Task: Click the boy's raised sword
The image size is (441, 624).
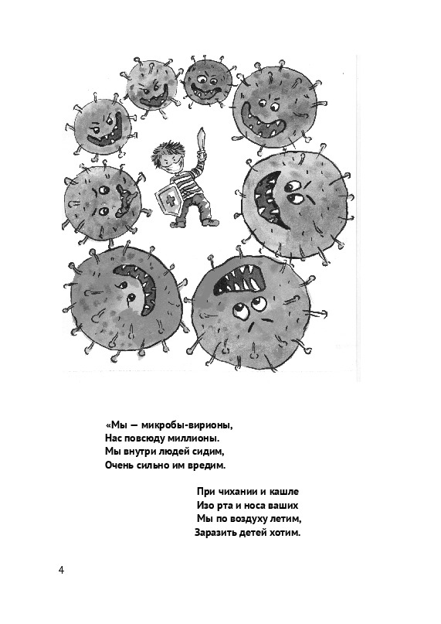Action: (202, 143)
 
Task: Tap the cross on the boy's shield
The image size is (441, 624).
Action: (171, 201)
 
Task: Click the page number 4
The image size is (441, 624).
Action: (61, 570)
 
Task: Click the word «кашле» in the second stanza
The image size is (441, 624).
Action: (284, 492)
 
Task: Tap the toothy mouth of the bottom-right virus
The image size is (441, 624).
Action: (239, 279)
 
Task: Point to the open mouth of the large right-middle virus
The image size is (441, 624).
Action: (271, 198)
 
